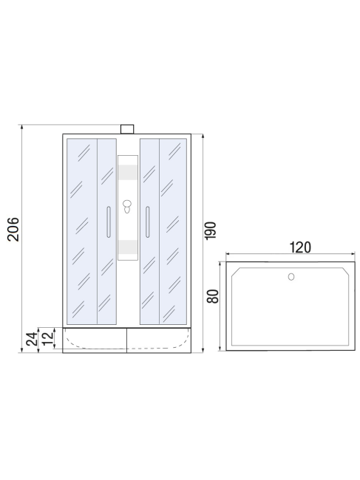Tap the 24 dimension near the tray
[32, 339]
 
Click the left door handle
[109, 222]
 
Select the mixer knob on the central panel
[128, 205]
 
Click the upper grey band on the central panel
[128, 173]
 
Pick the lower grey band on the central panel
[128, 247]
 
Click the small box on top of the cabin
[128, 129]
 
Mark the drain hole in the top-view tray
[291, 278]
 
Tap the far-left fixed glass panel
[81, 230]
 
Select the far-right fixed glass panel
[174, 230]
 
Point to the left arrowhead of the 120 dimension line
[228, 256]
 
